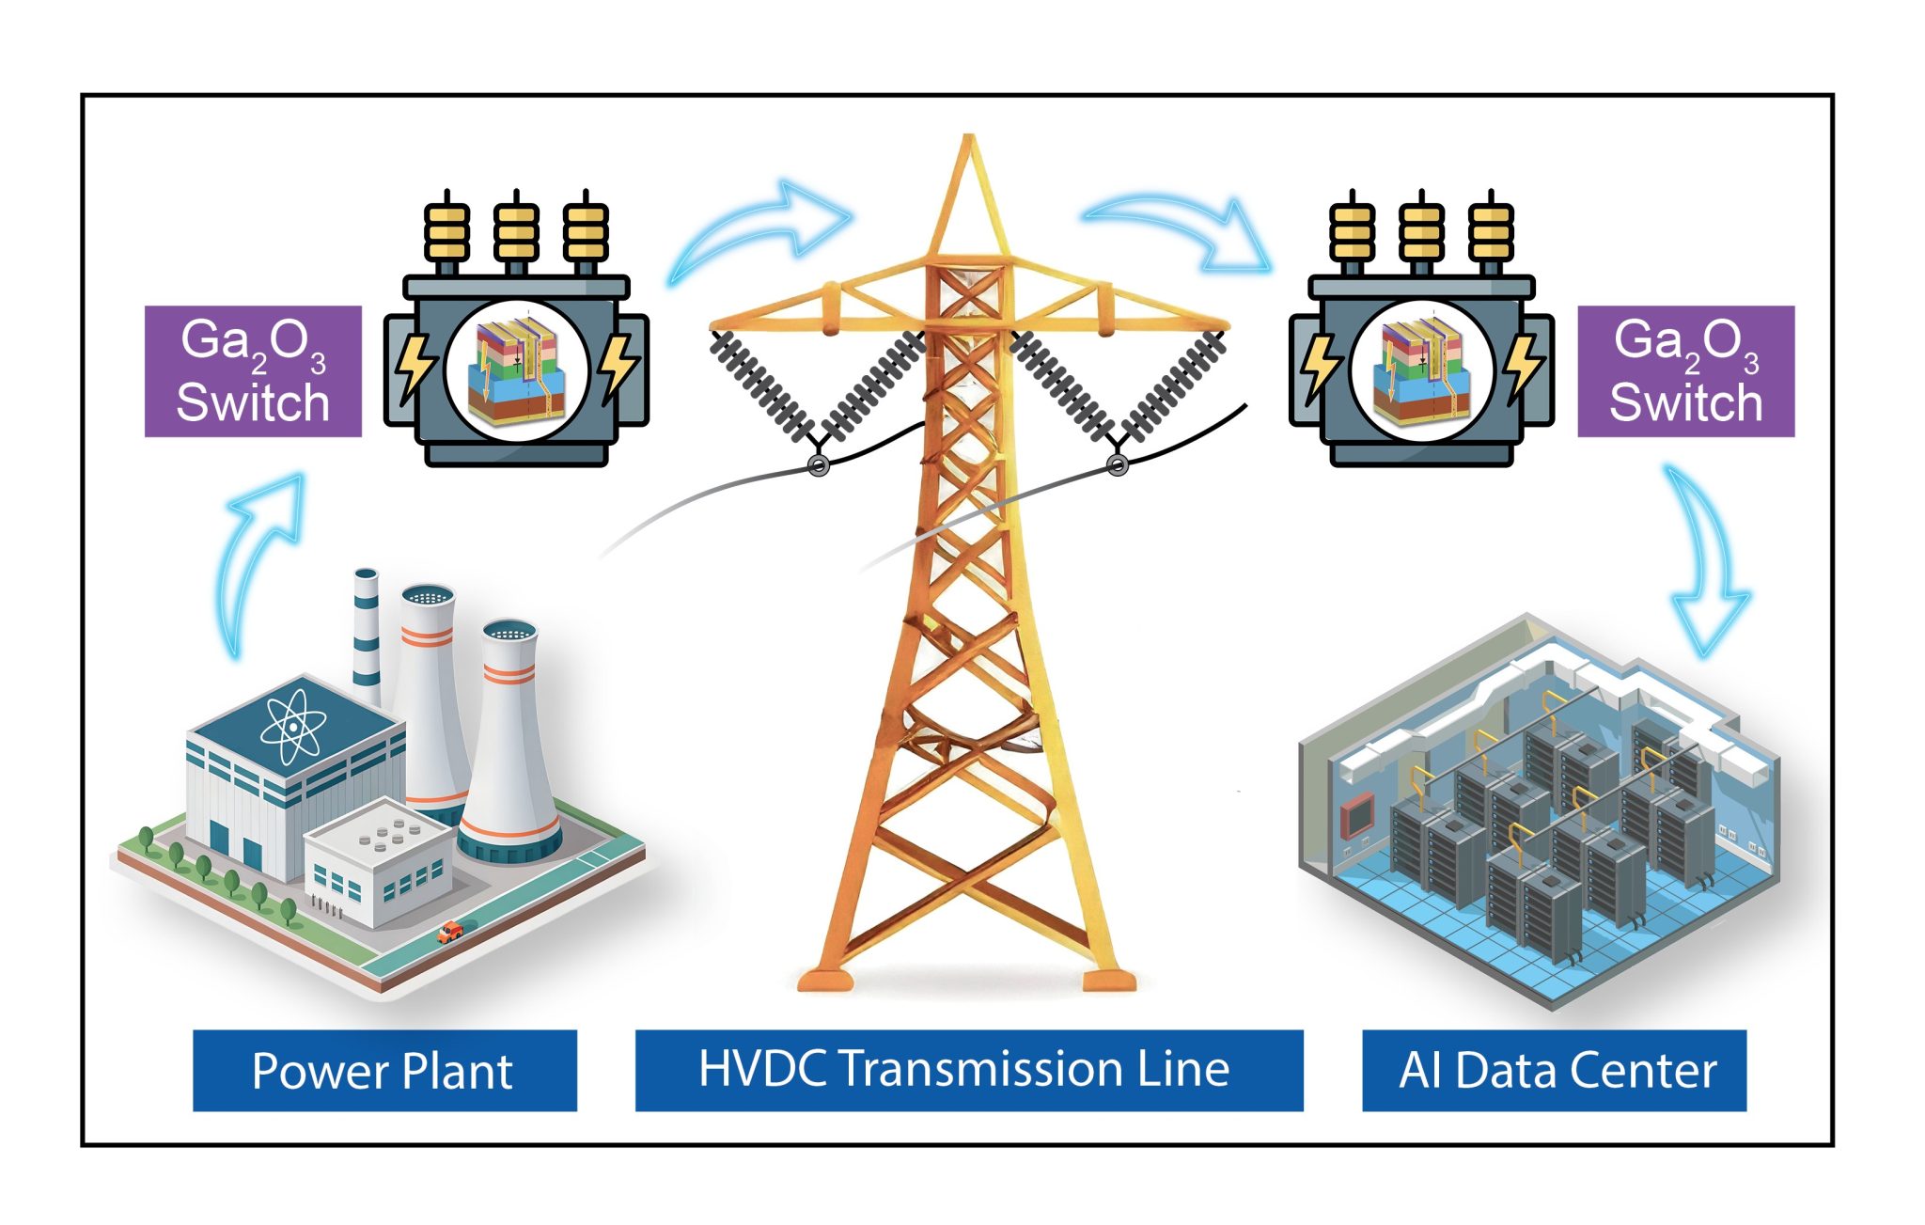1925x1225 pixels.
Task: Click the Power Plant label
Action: pyautogui.click(x=384, y=1070)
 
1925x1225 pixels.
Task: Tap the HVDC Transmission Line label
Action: pyautogui.click(x=968, y=1070)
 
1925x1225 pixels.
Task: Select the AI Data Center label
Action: pyautogui.click(x=1554, y=1070)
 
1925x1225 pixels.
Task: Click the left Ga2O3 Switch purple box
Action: pyautogui.click(x=253, y=371)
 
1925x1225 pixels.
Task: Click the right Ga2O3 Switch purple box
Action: pyautogui.click(x=1685, y=371)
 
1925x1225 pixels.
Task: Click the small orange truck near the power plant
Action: pyautogui.click(x=451, y=931)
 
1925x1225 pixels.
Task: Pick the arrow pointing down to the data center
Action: pyautogui.click(x=1706, y=564)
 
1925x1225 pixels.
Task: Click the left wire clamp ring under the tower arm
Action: pyautogui.click(x=819, y=464)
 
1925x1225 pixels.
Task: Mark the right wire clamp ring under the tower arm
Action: pyautogui.click(x=1118, y=464)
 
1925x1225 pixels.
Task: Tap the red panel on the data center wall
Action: pyautogui.click(x=1357, y=814)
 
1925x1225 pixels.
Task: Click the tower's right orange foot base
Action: pyautogui.click(x=1108, y=981)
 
